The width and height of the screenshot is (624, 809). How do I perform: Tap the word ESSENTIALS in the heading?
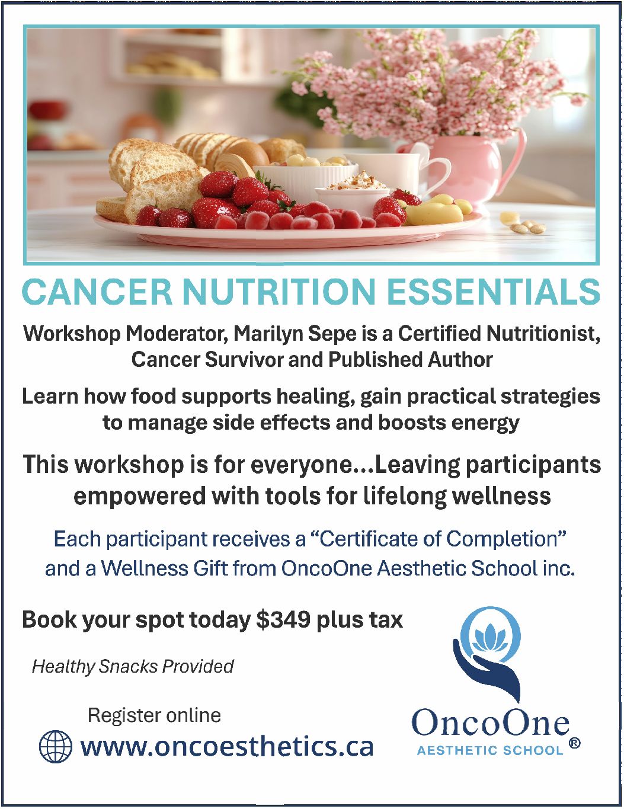(x=493, y=292)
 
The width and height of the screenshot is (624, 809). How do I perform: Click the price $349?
(x=283, y=620)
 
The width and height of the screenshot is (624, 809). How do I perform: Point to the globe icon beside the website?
(x=55, y=746)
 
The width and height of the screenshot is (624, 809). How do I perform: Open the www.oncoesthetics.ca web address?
(x=227, y=746)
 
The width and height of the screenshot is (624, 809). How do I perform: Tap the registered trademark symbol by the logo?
(x=574, y=743)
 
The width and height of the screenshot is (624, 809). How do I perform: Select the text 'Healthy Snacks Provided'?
(x=133, y=666)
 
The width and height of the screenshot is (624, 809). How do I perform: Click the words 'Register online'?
(x=154, y=715)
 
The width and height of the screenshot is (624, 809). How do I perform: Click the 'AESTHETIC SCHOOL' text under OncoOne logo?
(x=489, y=750)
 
